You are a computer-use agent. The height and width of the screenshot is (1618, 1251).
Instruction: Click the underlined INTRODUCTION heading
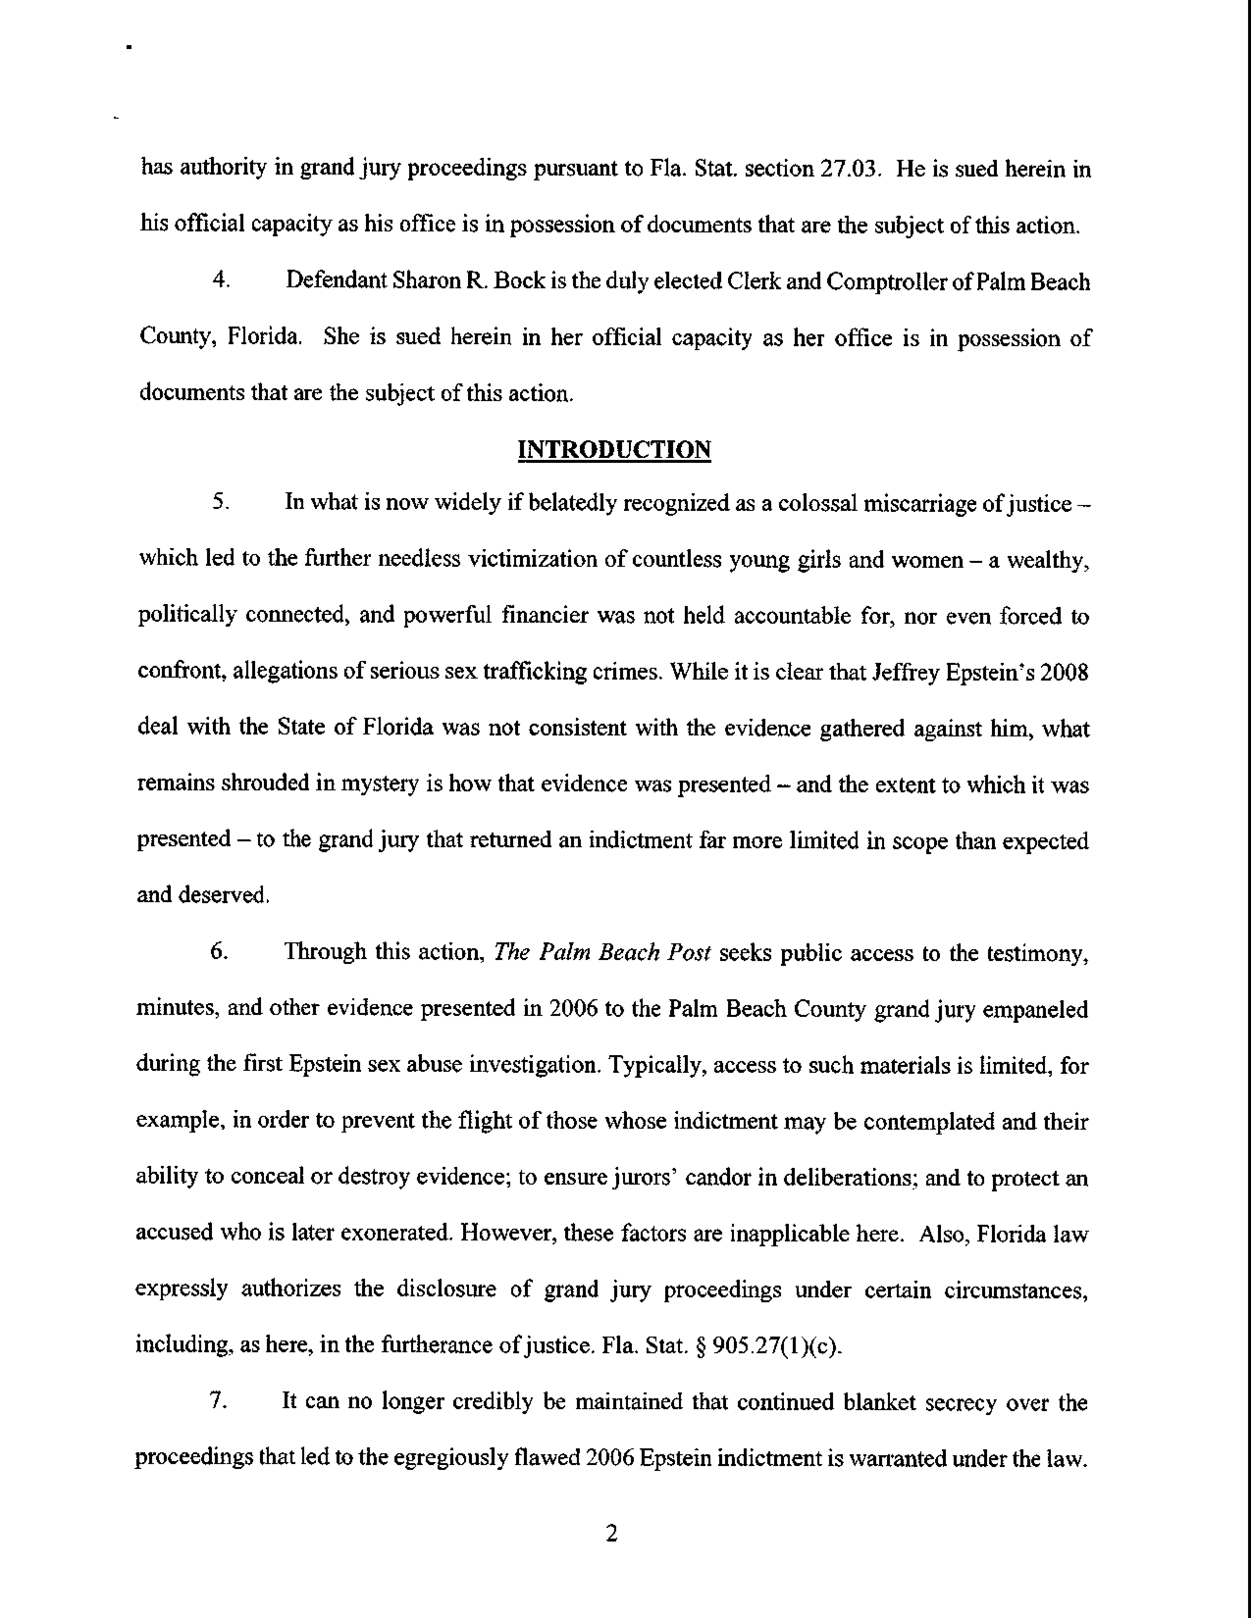pyautogui.click(x=614, y=450)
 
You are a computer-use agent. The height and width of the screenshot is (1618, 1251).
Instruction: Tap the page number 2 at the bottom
pyautogui.click(x=611, y=1534)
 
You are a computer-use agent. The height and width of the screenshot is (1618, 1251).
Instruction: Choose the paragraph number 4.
pyautogui.click(x=219, y=281)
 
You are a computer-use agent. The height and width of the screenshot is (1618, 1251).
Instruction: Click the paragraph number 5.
pyautogui.click(x=219, y=503)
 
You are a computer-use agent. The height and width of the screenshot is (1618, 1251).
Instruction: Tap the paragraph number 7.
pyautogui.click(x=217, y=1402)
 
